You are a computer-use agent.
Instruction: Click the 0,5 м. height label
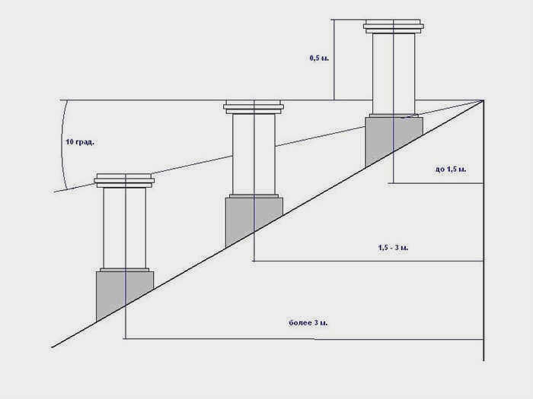(319, 58)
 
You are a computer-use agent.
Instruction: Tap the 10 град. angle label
(80, 142)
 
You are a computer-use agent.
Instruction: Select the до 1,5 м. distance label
(451, 169)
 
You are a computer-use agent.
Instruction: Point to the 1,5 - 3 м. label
(394, 248)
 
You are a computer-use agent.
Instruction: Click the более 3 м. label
(308, 323)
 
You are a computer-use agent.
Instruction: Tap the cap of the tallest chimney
(394, 27)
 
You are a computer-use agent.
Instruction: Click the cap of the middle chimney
(254, 107)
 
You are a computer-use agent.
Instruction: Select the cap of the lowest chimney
(124, 181)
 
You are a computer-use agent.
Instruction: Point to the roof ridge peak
(483, 100)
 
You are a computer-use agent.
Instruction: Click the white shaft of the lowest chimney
(125, 228)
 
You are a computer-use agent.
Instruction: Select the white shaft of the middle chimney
(254, 154)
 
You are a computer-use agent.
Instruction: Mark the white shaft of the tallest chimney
(394, 74)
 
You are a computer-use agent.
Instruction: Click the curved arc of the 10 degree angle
(62, 144)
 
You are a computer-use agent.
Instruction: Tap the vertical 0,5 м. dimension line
(334, 60)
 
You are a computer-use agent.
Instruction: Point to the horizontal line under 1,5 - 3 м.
(368, 261)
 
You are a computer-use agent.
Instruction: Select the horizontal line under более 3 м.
(303, 339)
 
